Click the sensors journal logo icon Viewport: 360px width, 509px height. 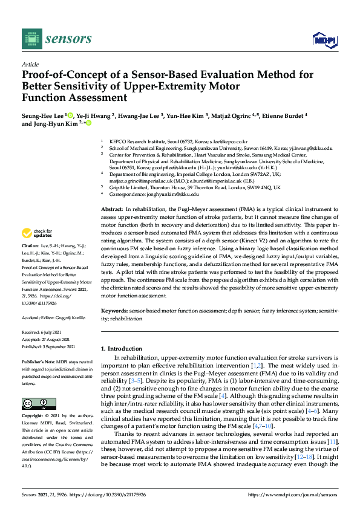click(30, 39)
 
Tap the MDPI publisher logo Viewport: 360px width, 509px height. click(323, 40)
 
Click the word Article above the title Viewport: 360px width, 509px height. click(30, 64)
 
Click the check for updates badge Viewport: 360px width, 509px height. click(37, 233)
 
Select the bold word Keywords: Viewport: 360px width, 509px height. click(114, 310)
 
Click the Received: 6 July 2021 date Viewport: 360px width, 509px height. click(41, 332)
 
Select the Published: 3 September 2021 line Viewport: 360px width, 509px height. click(48, 346)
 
